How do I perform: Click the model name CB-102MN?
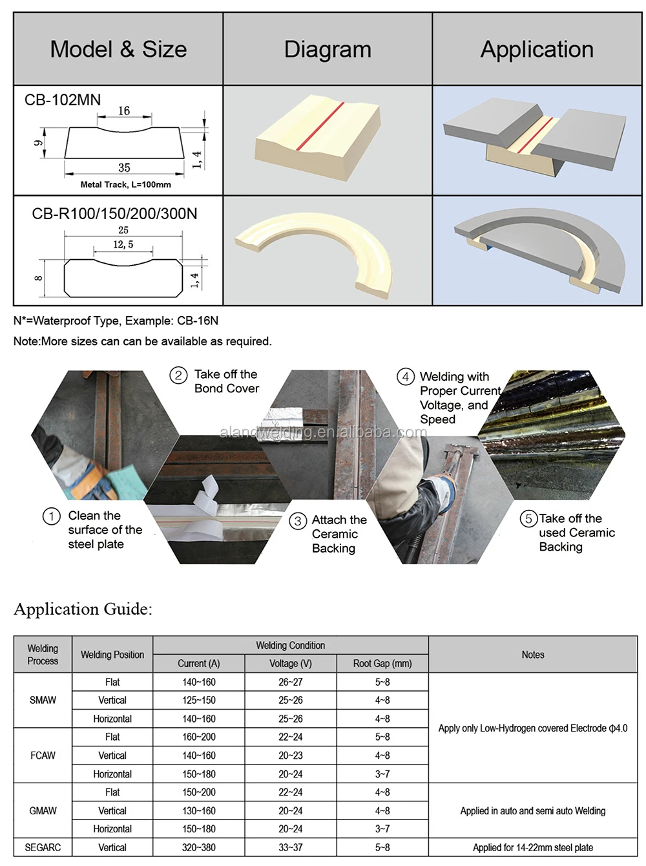(63, 100)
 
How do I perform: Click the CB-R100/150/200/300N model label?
(114, 214)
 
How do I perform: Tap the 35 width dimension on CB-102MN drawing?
(124, 167)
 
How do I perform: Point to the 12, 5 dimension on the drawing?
(123, 245)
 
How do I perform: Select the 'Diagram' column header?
(328, 50)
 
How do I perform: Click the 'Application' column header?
(536, 50)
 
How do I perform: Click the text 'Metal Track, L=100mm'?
(125, 185)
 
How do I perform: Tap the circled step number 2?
(178, 375)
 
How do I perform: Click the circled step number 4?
(405, 377)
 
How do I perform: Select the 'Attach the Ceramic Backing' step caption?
(339, 534)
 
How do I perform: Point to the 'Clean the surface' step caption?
(105, 530)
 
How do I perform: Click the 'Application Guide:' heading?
(83, 609)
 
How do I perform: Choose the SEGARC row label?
(43, 847)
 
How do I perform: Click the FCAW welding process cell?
(43, 755)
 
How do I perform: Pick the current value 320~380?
(199, 847)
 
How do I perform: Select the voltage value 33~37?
(290, 847)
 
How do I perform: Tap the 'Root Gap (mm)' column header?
(382, 664)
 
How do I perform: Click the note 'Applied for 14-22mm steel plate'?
(532, 847)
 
